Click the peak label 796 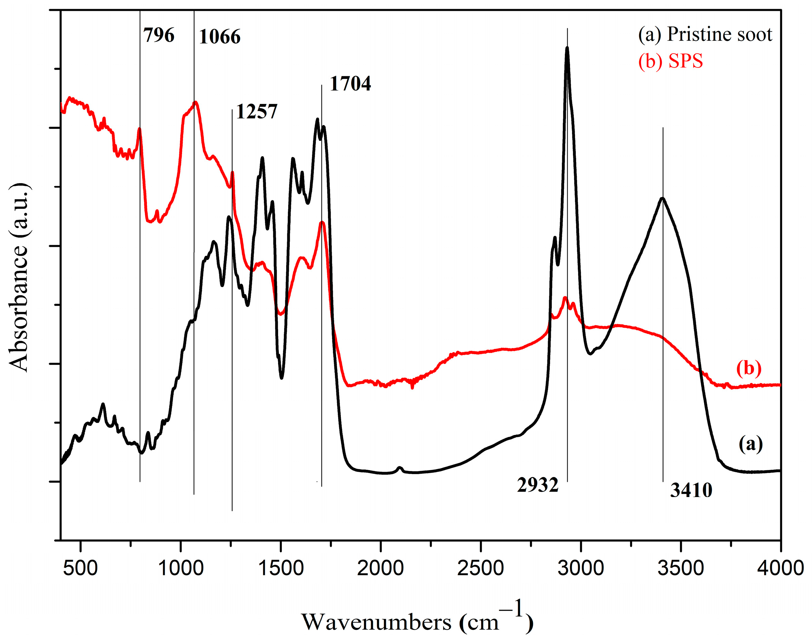pos(159,36)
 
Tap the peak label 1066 pos(219,37)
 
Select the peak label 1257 pos(257,112)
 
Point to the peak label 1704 pos(350,84)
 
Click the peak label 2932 pos(538,485)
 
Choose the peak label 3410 pos(691,490)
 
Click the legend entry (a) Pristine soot pos(705,34)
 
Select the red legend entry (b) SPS pos(670,61)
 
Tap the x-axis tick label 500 pos(80,568)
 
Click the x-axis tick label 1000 pos(181,568)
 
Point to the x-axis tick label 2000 pos(380,568)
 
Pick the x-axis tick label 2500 pos(480,568)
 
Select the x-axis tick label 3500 pos(681,568)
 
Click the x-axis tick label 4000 pos(780,568)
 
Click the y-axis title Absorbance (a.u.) pos(18,278)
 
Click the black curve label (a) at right pos(751,444)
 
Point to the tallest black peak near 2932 pos(567,48)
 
